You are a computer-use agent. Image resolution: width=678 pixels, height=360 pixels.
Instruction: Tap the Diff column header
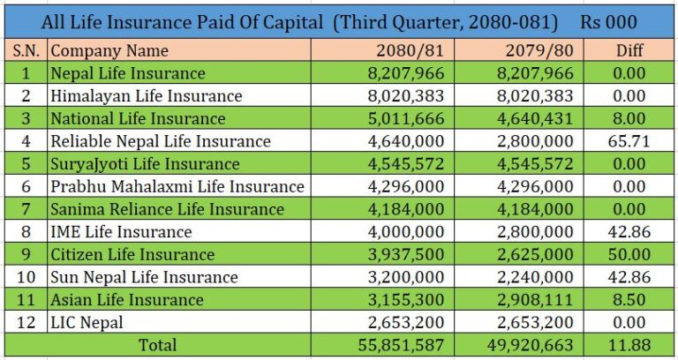pos(629,50)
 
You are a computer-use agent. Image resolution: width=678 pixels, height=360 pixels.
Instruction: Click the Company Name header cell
pos(109,50)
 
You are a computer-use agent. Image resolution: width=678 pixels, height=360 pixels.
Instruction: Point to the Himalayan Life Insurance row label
pos(147,95)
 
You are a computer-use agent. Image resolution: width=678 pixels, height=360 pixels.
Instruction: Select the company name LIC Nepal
pos(87,322)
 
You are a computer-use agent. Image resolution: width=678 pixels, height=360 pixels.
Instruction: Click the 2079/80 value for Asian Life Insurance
pos(534,299)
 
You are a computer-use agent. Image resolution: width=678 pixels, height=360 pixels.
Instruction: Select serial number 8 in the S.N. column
pos(26,231)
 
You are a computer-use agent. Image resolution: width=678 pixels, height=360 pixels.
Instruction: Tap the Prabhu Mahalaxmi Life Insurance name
pos(177,186)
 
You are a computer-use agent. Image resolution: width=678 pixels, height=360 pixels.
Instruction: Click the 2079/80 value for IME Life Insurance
pos(534,231)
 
